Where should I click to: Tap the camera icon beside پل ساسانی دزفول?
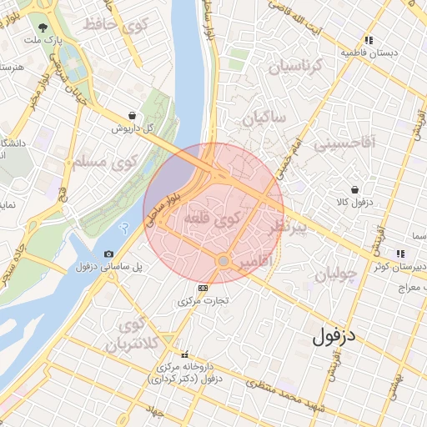tap(108, 254)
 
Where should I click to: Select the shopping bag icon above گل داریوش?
tap(133, 116)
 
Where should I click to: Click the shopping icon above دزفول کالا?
tap(355, 189)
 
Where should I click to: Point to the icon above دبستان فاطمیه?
tap(369, 39)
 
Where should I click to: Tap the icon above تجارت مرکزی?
tap(201, 288)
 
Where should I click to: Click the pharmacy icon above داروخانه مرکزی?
tap(185, 354)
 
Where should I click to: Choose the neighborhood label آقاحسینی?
tap(344, 143)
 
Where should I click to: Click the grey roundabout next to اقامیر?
tap(223, 262)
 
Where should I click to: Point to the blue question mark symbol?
tap(125, 229)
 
